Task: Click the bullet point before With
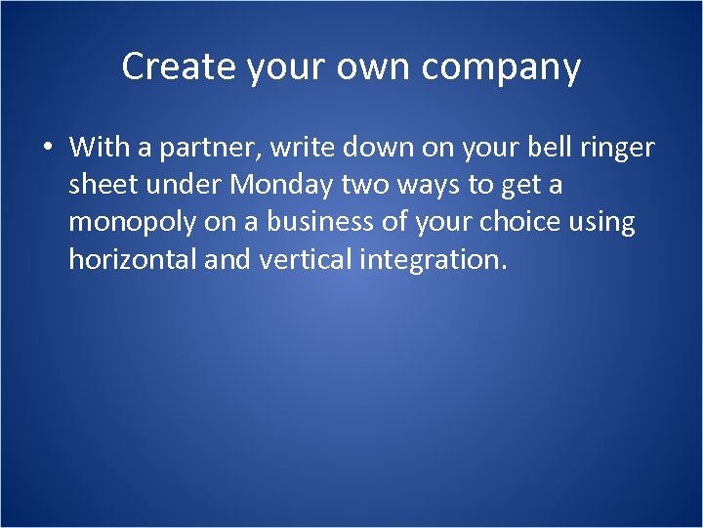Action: tap(46, 149)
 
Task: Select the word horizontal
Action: tap(131, 259)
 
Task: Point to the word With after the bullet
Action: tap(95, 148)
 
